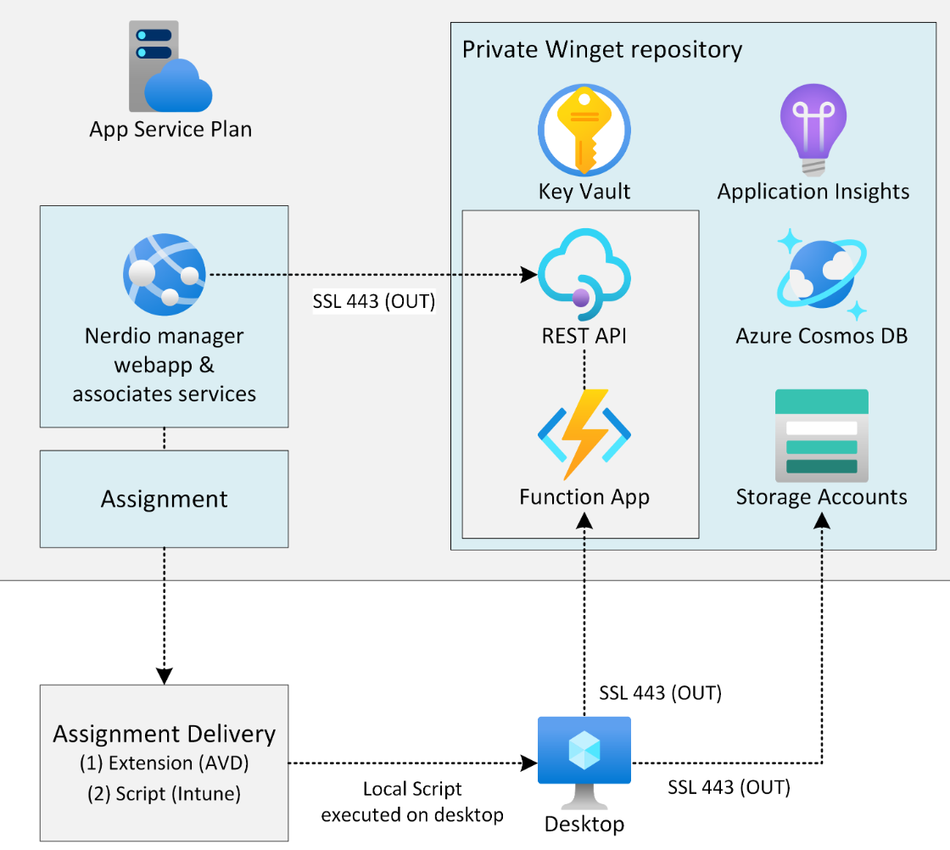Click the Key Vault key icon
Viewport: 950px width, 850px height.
pos(584,131)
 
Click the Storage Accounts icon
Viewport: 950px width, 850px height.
pos(821,435)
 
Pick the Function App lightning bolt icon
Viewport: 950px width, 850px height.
pos(584,433)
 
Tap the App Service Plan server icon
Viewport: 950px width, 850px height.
pos(170,69)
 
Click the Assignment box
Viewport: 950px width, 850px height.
pos(165,499)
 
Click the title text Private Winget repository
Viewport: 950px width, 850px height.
pos(601,49)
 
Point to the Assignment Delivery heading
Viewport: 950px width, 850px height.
pos(165,734)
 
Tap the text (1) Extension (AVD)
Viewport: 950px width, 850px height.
pos(165,763)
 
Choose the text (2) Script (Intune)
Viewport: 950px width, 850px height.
pos(165,795)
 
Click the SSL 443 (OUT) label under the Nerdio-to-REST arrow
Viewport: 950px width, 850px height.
pos(373,301)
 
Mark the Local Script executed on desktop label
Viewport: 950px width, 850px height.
pos(412,802)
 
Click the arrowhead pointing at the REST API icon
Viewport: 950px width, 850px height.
pos(528,275)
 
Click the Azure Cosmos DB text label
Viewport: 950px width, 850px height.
pos(821,336)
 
